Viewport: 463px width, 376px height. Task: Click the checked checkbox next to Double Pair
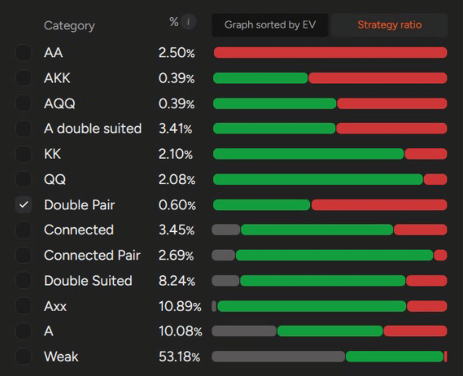24,205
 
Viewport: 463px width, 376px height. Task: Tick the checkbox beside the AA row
24,53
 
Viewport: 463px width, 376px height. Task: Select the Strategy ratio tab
389,25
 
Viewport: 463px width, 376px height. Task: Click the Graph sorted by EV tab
270,25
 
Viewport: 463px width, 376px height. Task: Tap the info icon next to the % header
188,22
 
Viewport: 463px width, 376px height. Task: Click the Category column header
69,25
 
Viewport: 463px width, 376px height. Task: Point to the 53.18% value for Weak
179,357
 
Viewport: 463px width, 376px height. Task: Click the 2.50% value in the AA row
176,53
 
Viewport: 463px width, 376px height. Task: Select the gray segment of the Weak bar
278,357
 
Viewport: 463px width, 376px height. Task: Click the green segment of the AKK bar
260,78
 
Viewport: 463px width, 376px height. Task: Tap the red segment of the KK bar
426,154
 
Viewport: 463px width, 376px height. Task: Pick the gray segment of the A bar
244,331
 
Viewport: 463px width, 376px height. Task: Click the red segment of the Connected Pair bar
440,255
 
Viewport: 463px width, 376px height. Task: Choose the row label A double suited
93,129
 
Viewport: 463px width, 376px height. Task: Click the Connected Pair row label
92,255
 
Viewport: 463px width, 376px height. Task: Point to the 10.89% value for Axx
180,306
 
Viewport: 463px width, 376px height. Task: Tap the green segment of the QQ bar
318,179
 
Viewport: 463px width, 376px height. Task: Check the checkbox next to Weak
24,357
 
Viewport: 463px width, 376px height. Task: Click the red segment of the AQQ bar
392,104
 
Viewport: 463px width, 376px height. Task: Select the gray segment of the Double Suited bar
225,281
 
